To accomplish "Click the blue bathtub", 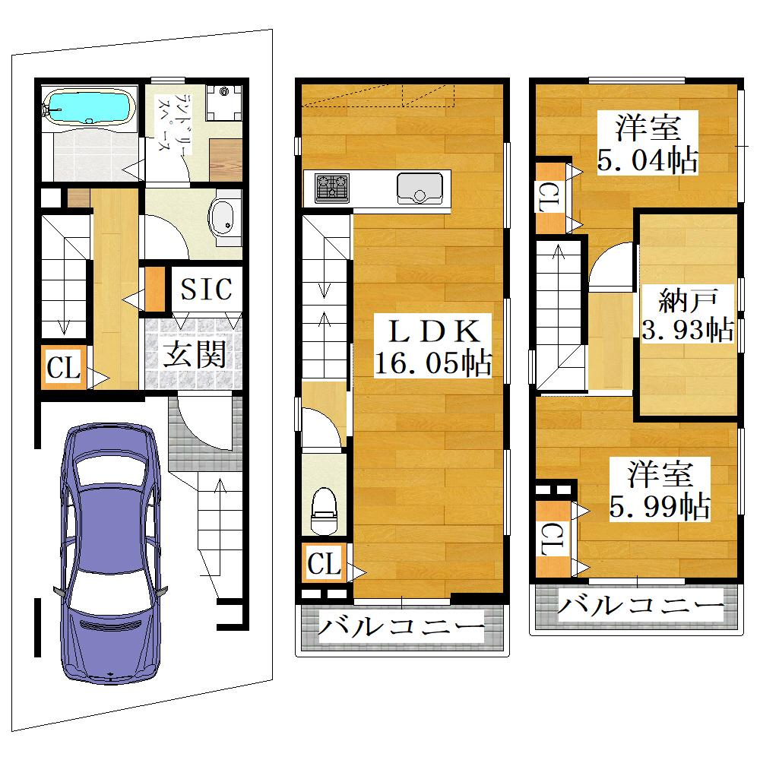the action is (x=89, y=108).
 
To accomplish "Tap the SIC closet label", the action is (x=206, y=290).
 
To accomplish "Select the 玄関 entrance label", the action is (x=194, y=354).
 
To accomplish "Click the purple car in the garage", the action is (x=110, y=553).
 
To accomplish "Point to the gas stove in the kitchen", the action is (x=332, y=188).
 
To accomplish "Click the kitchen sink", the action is (x=420, y=188).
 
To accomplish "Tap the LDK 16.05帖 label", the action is (x=433, y=346).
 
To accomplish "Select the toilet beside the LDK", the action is (x=324, y=510).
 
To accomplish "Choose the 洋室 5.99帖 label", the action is (x=660, y=489).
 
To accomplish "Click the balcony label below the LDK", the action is (x=401, y=627).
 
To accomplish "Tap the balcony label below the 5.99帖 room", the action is (x=641, y=606).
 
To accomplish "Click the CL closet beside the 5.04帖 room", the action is (x=550, y=198).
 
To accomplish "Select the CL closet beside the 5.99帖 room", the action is (x=553, y=539).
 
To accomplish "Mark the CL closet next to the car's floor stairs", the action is (x=64, y=367).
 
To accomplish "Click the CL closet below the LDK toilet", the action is (x=325, y=562).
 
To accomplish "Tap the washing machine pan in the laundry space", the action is (x=224, y=103).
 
